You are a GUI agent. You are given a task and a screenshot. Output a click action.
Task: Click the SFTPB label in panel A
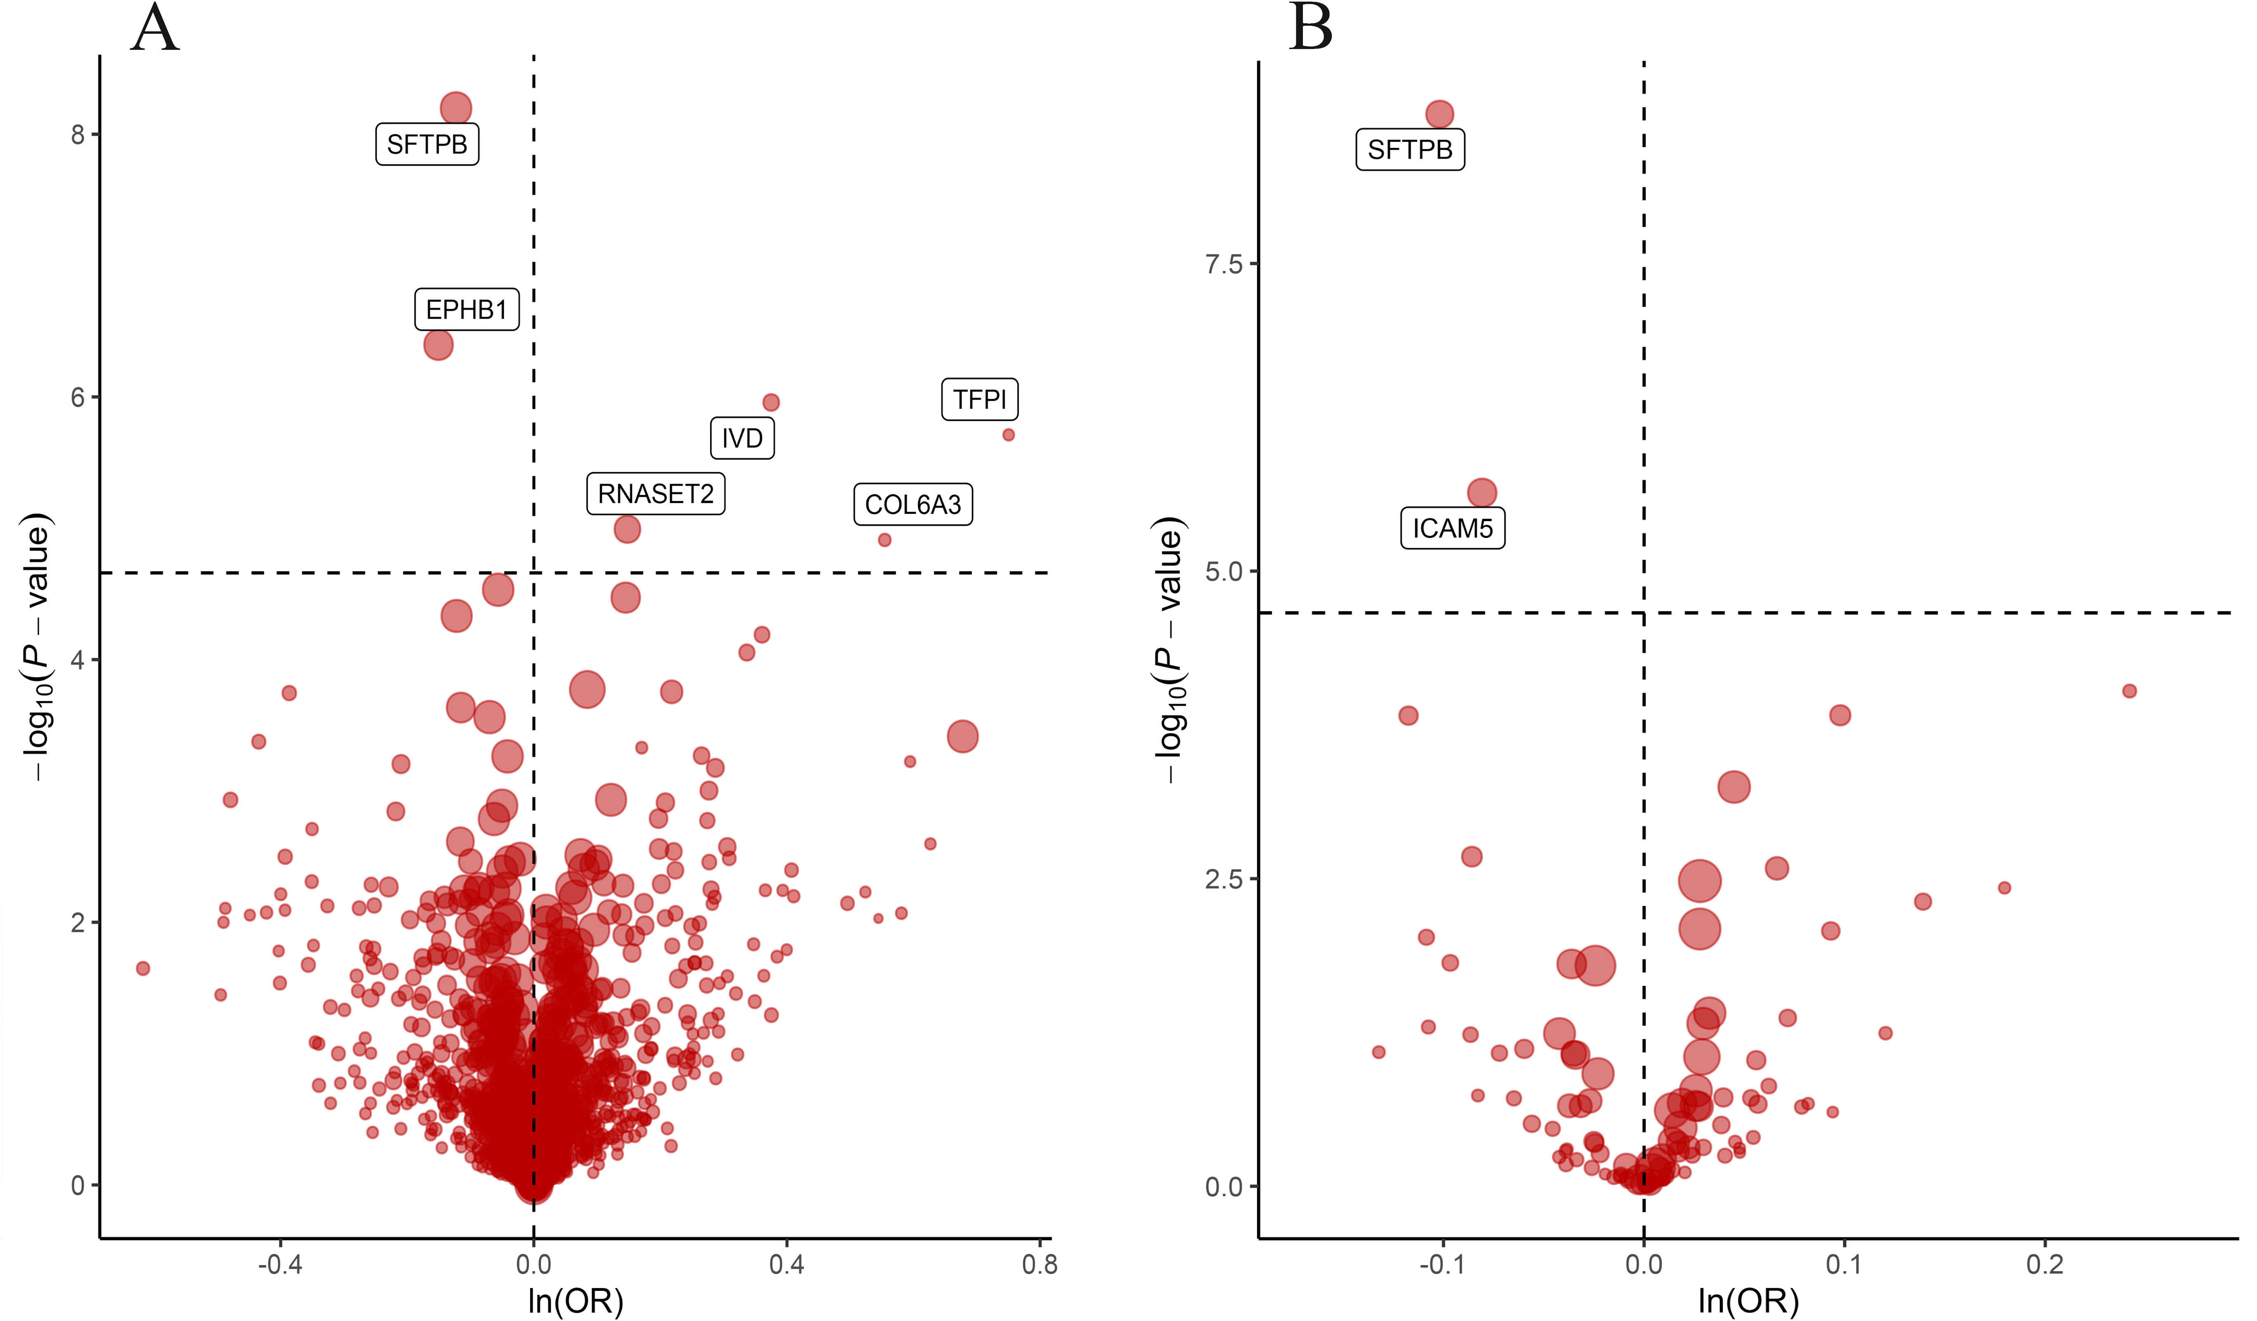click(x=427, y=144)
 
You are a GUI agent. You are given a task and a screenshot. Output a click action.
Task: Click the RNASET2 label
click(x=656, y=494)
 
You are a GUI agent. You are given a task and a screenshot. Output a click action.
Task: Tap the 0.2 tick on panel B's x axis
click(x=2045, y=1264)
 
